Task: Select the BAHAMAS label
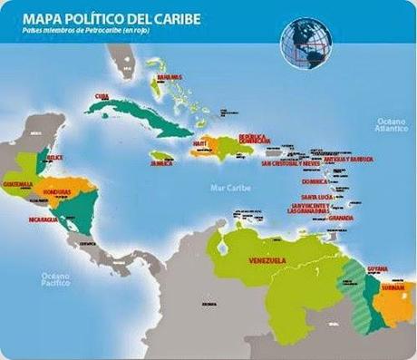[x=170, y=78]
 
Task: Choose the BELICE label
[x=54, y=156]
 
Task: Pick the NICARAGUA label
[x=42, y=219]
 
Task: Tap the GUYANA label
[x=378, y=269]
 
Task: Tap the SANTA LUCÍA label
[x=317, y=197]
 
